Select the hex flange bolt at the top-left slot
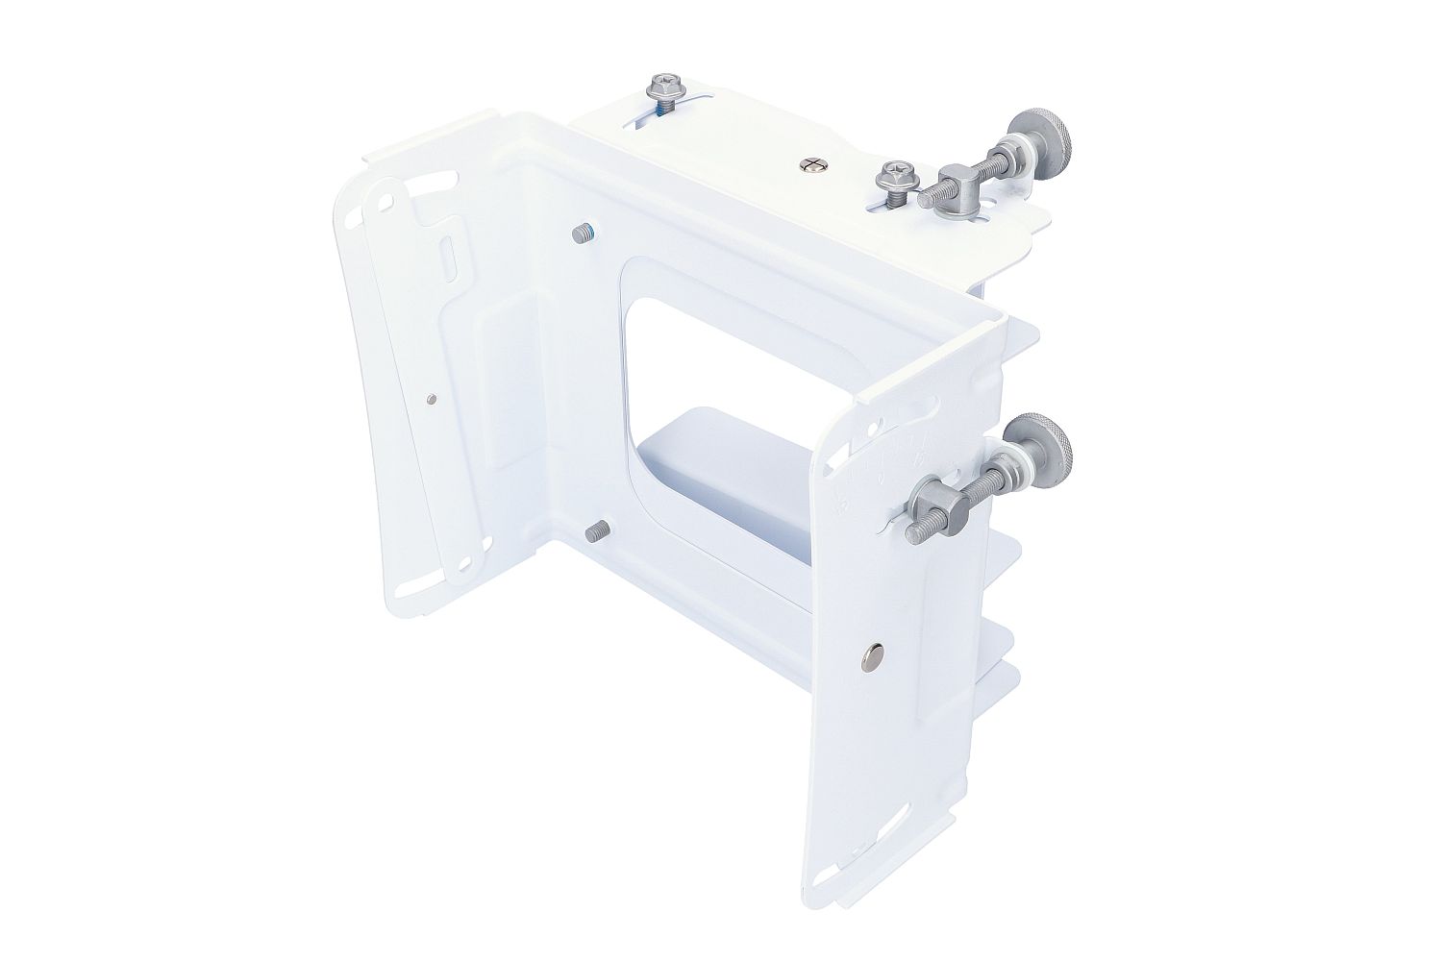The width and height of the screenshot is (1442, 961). coord(662,89)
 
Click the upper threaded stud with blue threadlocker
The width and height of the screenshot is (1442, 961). coord(582,233)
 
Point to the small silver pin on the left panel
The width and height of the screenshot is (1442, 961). coord(430,398)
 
